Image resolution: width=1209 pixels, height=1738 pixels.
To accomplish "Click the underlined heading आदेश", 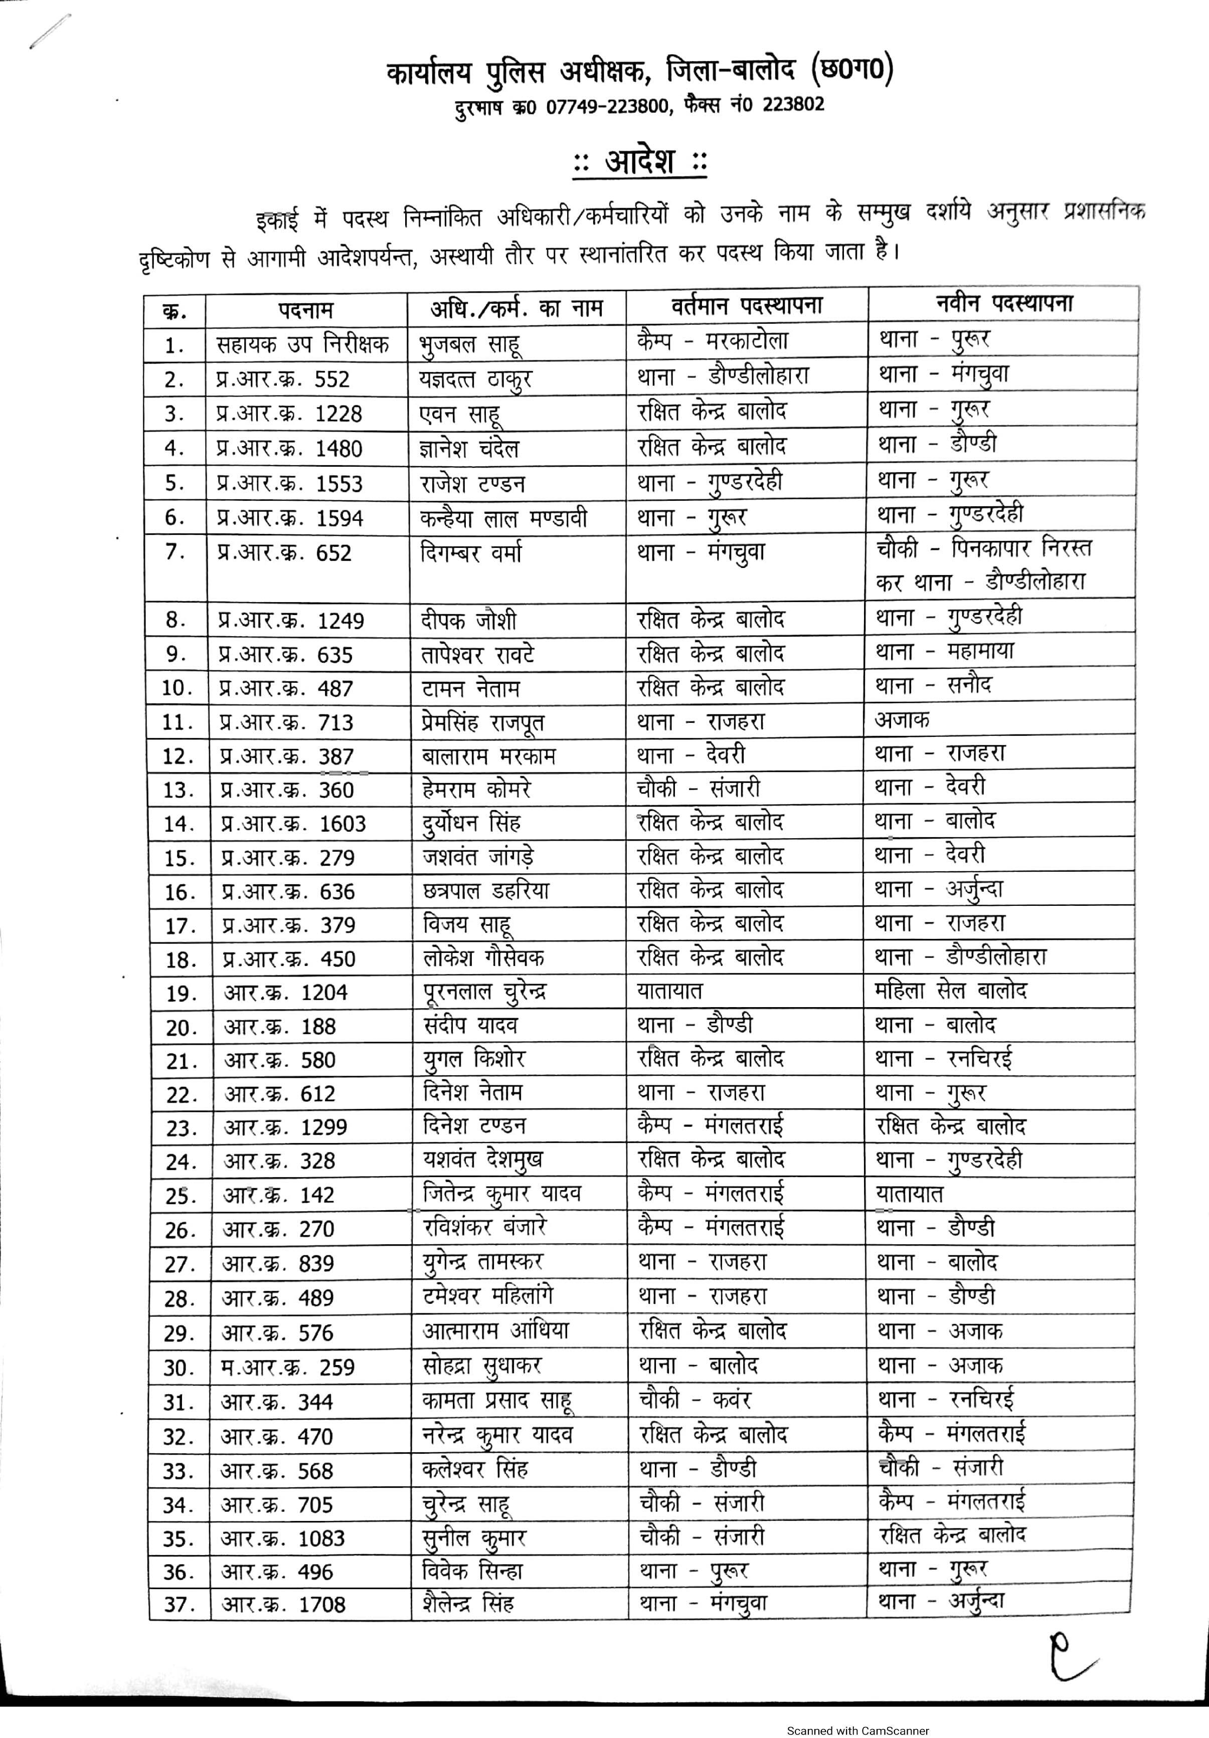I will pos(640,162).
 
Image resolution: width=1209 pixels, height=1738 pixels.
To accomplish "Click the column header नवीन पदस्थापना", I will pos(1004,304).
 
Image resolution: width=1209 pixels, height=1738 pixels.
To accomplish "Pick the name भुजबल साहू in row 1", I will pos(469,344).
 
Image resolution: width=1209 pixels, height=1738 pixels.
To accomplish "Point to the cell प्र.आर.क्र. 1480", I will pos(289,449).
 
